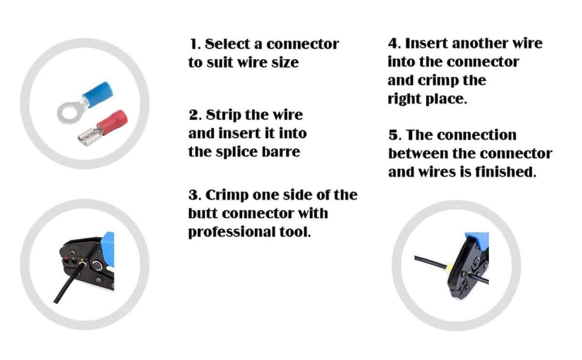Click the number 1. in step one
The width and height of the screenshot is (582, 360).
[x=195, y=44]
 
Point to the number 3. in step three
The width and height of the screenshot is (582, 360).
[x=194, y=196]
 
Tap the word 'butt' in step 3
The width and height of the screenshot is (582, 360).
[x=202, y=214]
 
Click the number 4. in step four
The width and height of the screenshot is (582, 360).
[x=393, y=44]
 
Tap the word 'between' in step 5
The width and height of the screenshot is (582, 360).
[x=420, y=154]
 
